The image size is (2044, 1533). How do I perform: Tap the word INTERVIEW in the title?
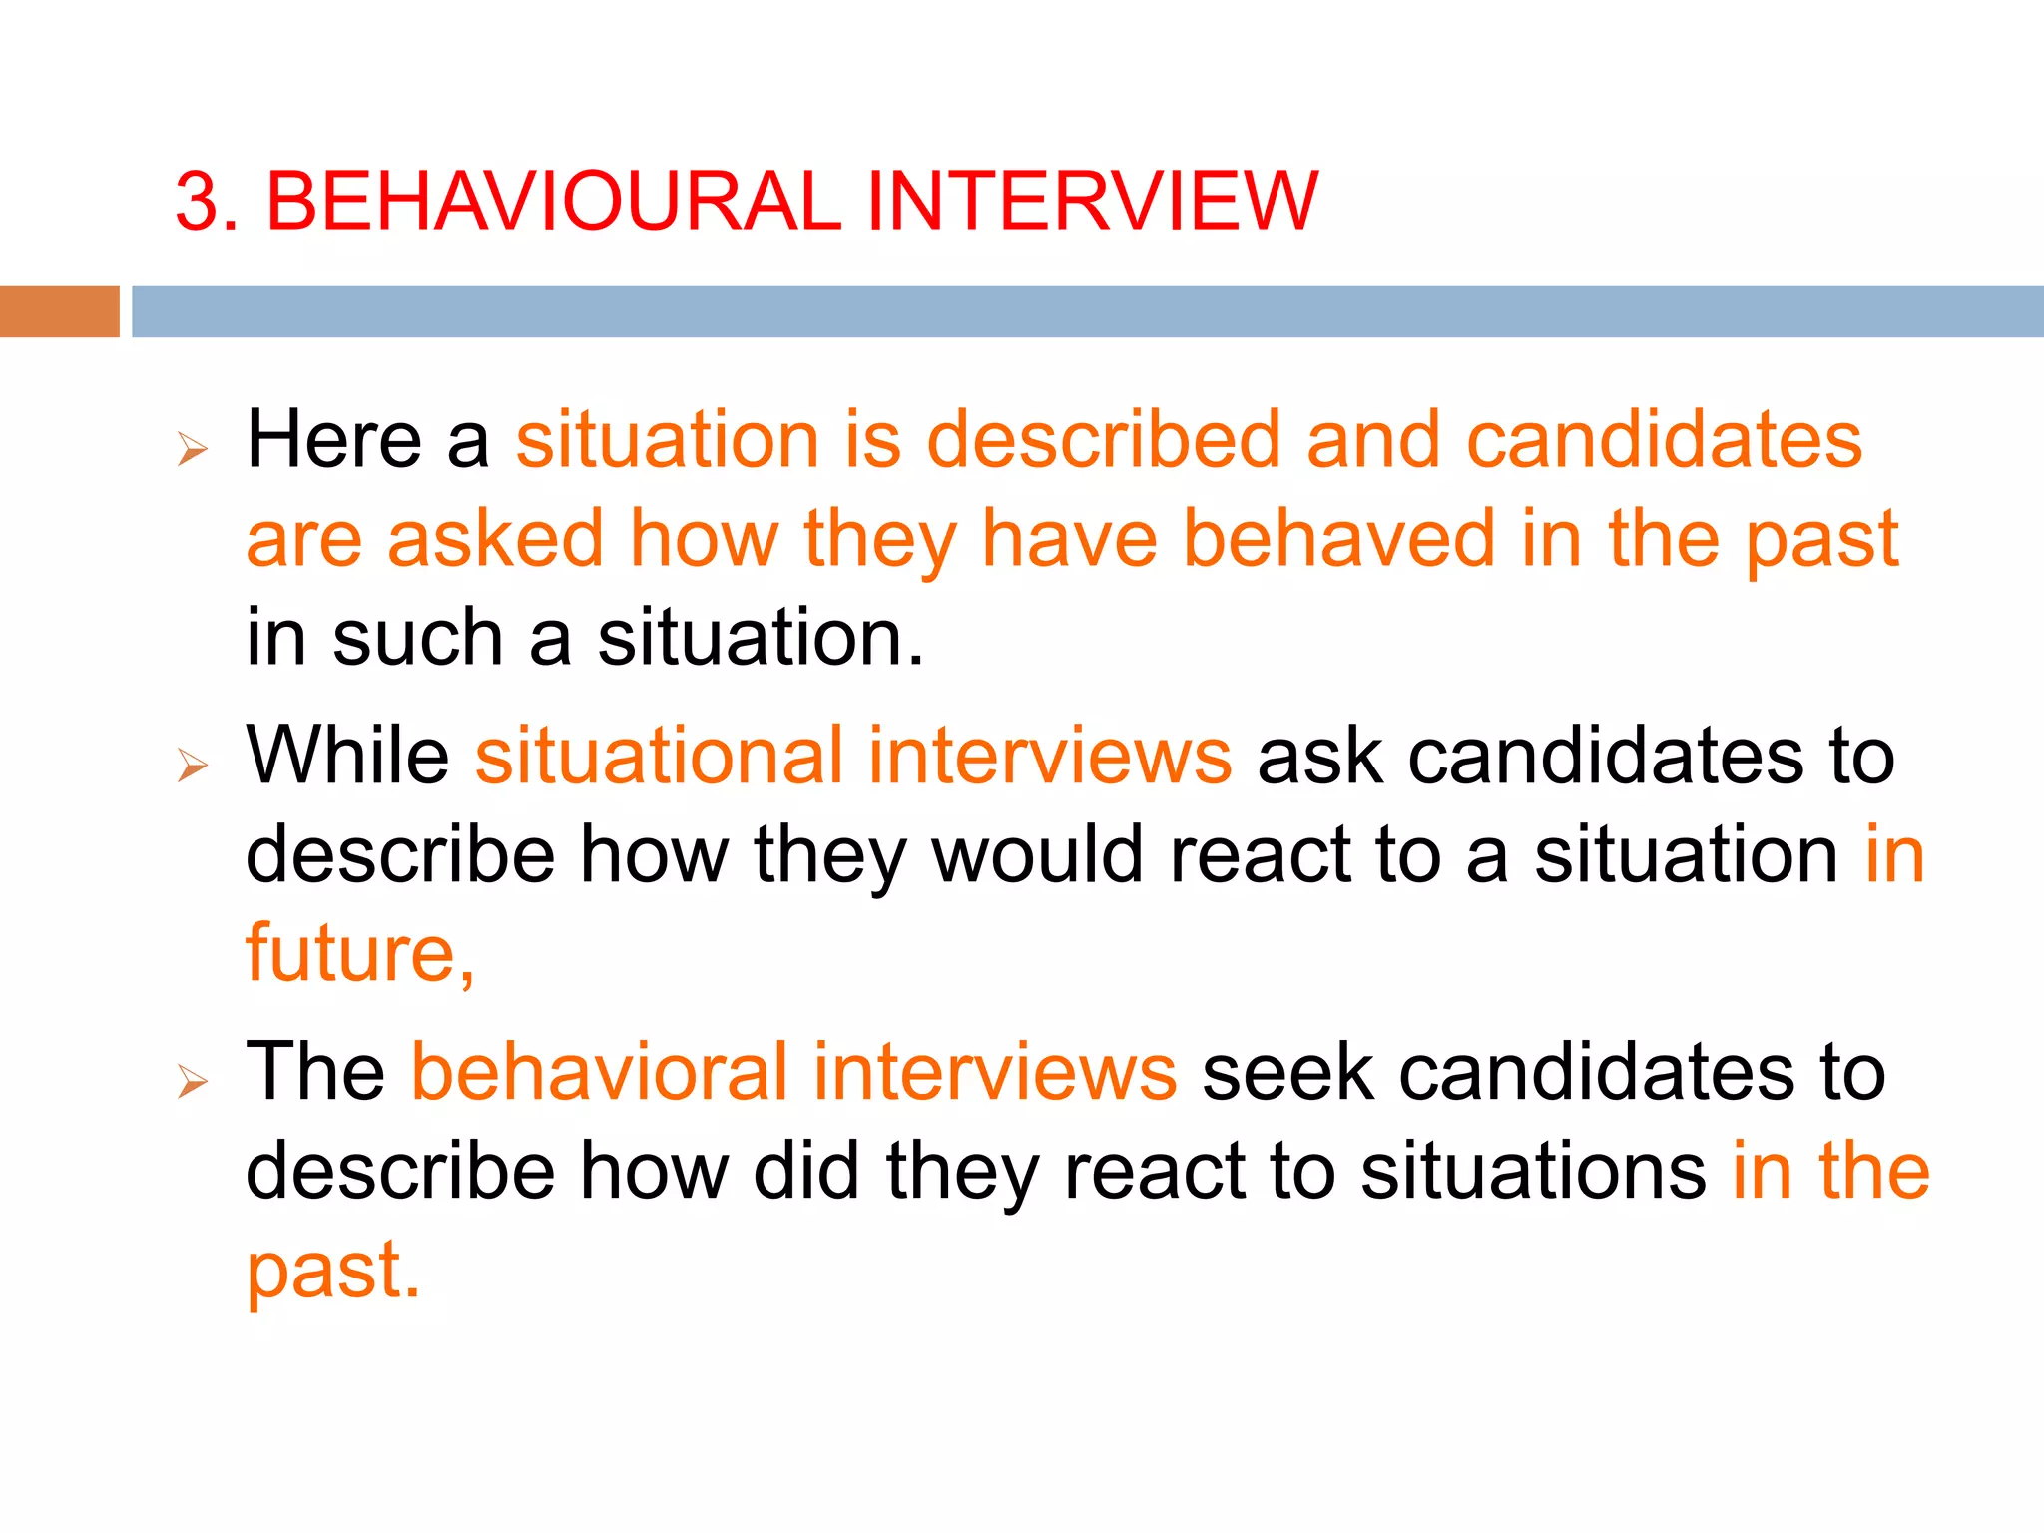click(x=1093, y=202)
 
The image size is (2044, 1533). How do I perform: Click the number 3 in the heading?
click(x=197, y=202)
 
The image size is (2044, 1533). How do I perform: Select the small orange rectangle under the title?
click(x=59, y=311)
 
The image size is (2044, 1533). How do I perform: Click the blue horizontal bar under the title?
click(x=1086, y=311)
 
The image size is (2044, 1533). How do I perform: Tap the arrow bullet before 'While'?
click(x=192, y=766)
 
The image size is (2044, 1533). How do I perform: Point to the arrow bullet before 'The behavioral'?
click(x=192, y=1081)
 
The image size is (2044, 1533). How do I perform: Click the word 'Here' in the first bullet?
click(x=333, y=440)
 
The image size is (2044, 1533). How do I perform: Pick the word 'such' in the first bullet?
click(x=417, y=638)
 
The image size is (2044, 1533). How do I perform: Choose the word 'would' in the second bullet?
click(x=1037, y=854)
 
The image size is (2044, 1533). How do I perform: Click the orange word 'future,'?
click(x=360, y=954)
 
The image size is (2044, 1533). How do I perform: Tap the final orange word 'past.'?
click(x=333, y=1272)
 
